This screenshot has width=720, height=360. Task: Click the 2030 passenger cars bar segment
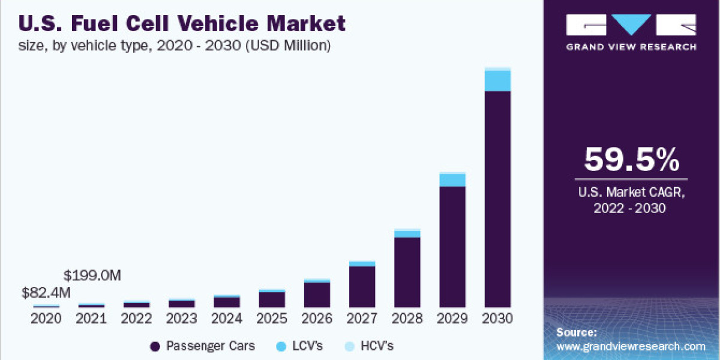(x=497, y=198)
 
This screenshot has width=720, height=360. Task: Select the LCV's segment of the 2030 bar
(x=497, y=81)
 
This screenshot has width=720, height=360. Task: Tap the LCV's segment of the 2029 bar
(x=452, y=180)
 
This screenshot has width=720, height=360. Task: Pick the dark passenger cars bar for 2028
(x=407, y=272)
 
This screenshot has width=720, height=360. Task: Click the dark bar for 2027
(x=362, y=286)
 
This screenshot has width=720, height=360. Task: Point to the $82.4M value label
(x=46, y=293)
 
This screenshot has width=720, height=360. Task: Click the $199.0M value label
(x=92, y=276)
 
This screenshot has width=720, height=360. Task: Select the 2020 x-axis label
(x=46, y=319)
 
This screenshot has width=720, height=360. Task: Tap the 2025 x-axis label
(x=272, y=319)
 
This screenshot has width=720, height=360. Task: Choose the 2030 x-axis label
(x=497, y=319)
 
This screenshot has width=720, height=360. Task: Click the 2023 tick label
(x=181, y=319)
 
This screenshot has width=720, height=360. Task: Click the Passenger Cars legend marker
(x=155, y=346)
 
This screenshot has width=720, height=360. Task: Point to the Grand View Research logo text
(x=631, y=47)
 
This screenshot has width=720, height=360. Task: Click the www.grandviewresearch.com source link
(x=631, y=346)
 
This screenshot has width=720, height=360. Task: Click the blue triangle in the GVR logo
(x=631, y=24)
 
